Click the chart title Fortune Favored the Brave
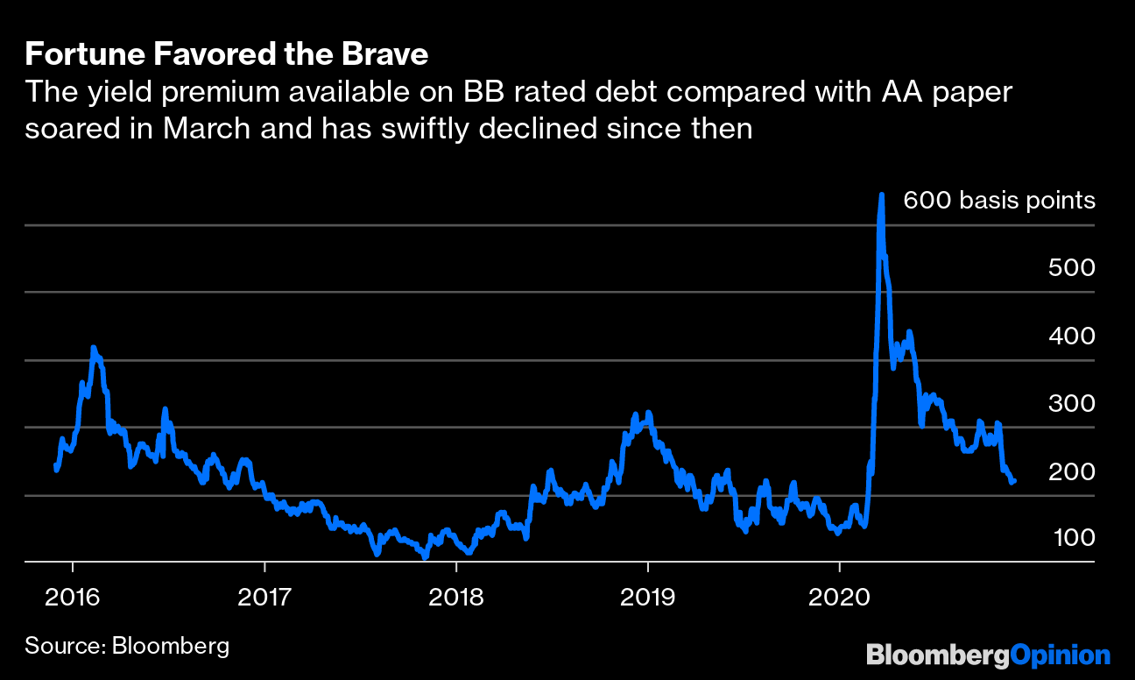227,55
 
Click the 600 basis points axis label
998,201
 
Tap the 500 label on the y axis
1071,268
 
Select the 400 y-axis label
1071,336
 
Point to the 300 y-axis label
1071,403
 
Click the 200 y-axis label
1071,471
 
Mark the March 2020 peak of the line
881,195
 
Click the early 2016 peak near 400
94,349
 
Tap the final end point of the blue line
1013,481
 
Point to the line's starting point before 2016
56,470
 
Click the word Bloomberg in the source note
171,648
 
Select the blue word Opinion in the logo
1060,655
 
